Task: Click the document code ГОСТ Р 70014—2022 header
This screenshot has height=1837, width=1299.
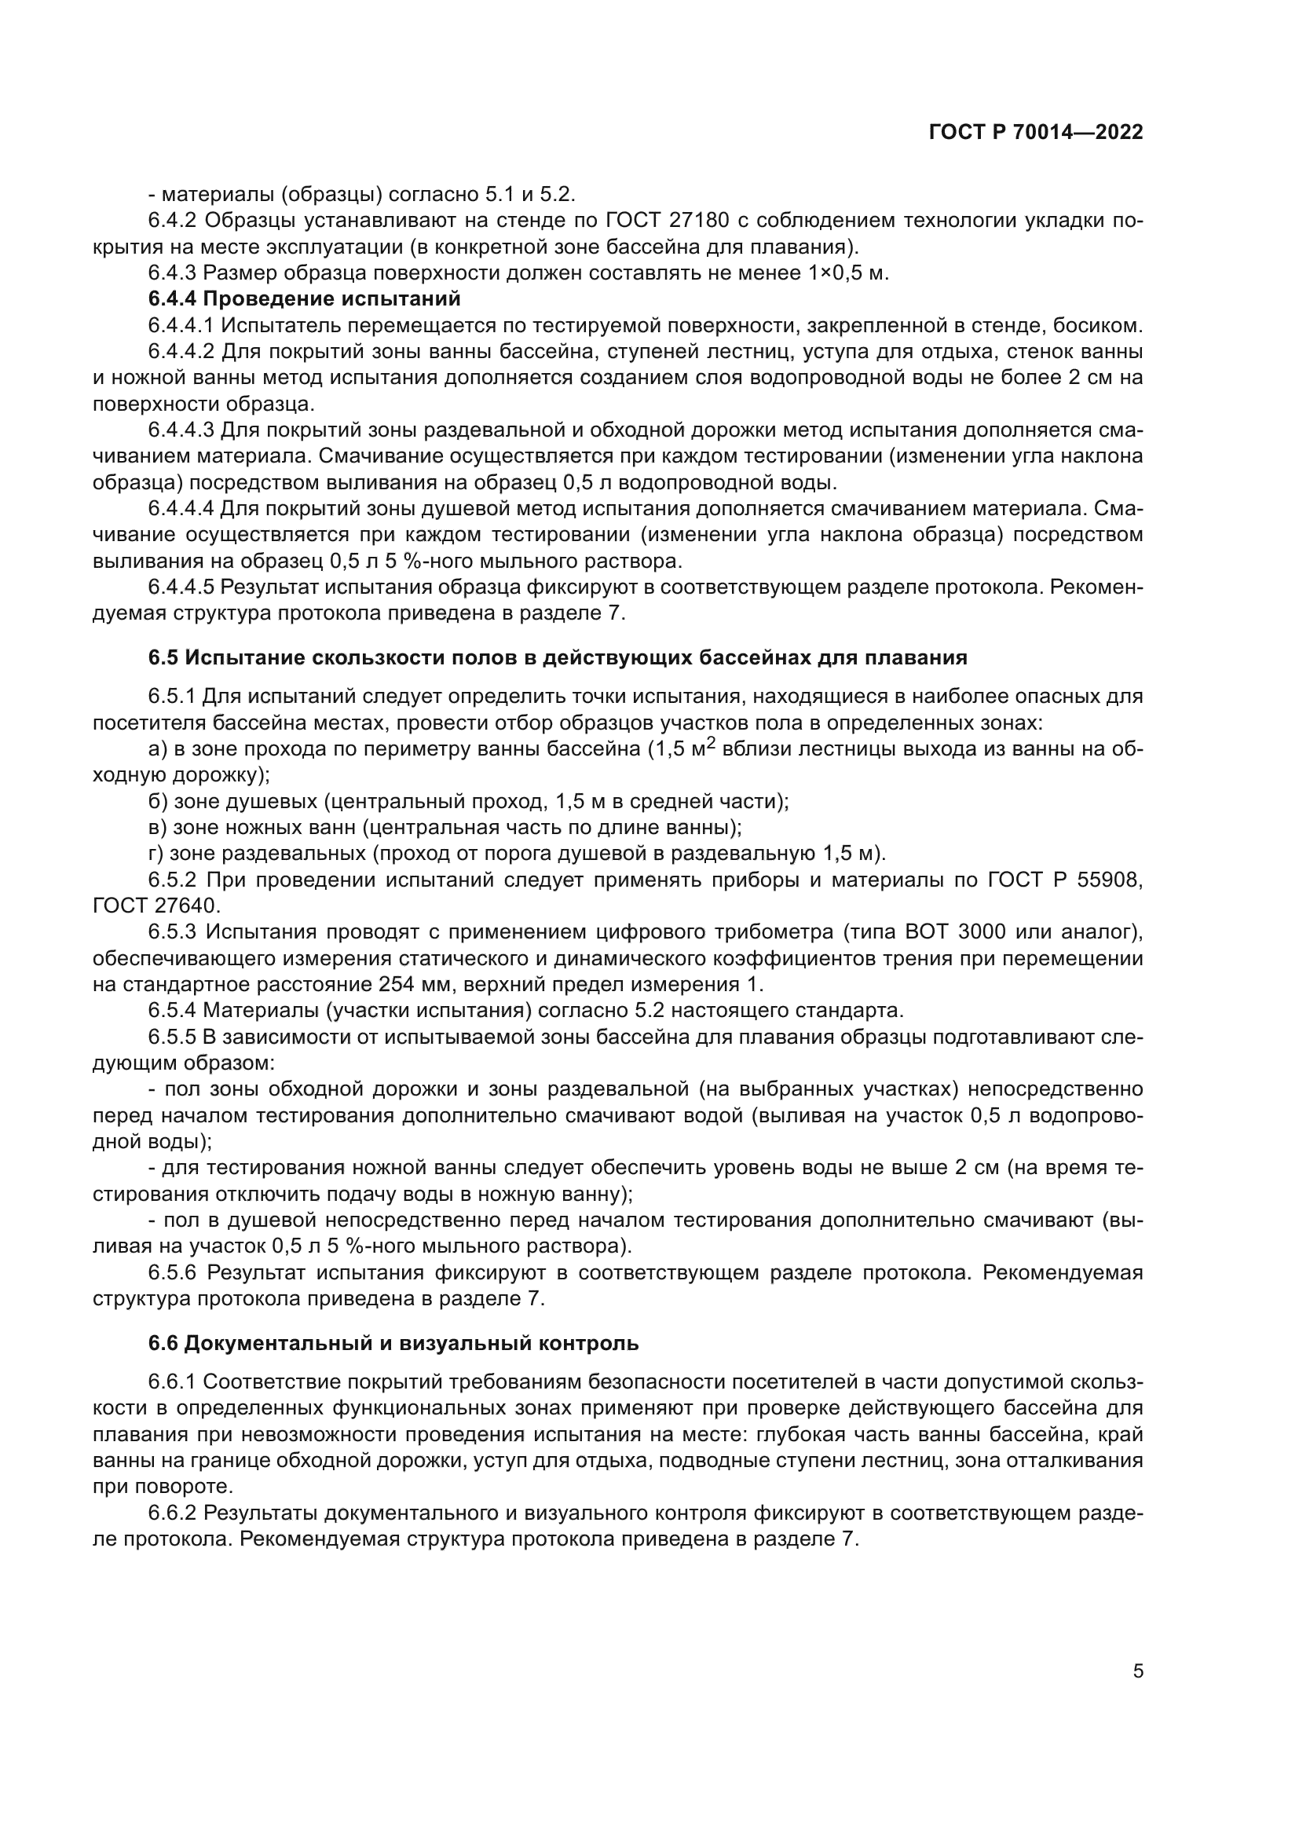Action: click(x=1036, y=133)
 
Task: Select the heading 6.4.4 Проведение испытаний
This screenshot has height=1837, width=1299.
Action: click(x=304, y=299)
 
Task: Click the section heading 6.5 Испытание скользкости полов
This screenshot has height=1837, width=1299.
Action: click(x=558, y=657)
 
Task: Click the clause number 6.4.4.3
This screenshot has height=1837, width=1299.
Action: click(x=181, y=430)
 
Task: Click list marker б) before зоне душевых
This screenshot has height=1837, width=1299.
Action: click(x=159, y=802)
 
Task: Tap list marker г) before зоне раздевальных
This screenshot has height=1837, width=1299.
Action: click(x=157, y=854)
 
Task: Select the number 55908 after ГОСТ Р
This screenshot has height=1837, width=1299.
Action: click(x=1109, y=880)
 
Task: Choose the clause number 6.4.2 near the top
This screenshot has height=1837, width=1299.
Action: click(x=172, y=220)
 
